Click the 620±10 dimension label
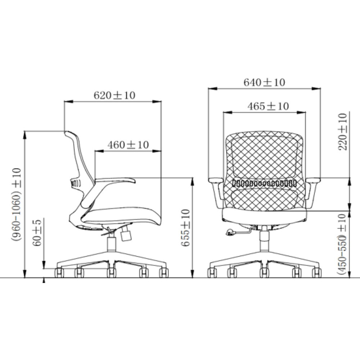114,95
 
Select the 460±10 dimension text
128,145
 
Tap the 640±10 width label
264,82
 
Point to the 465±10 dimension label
268,106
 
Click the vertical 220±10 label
343,132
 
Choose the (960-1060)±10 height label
16,204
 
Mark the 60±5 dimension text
37,233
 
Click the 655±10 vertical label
185,228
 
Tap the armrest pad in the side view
115,180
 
